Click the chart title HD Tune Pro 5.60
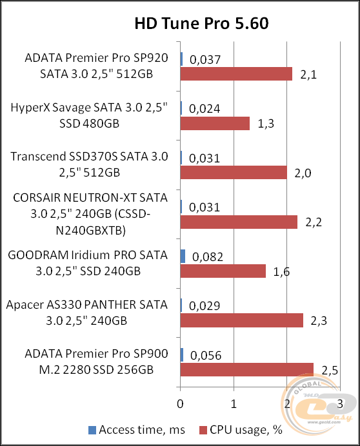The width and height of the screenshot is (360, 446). coord(201,24)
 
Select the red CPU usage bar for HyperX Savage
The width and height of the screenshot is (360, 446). coord(215,123)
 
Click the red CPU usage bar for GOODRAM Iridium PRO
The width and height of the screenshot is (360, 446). coord(223,271)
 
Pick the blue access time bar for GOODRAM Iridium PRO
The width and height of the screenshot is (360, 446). coord(183,256)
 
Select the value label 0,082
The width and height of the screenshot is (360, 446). coord(207,257)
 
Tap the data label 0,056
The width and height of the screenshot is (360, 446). coord(207,355)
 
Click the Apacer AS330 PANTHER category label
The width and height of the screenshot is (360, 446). coord(86,312)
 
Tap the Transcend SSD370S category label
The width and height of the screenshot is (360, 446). coord(90,164)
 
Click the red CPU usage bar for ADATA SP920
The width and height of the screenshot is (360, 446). coord(236,74)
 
